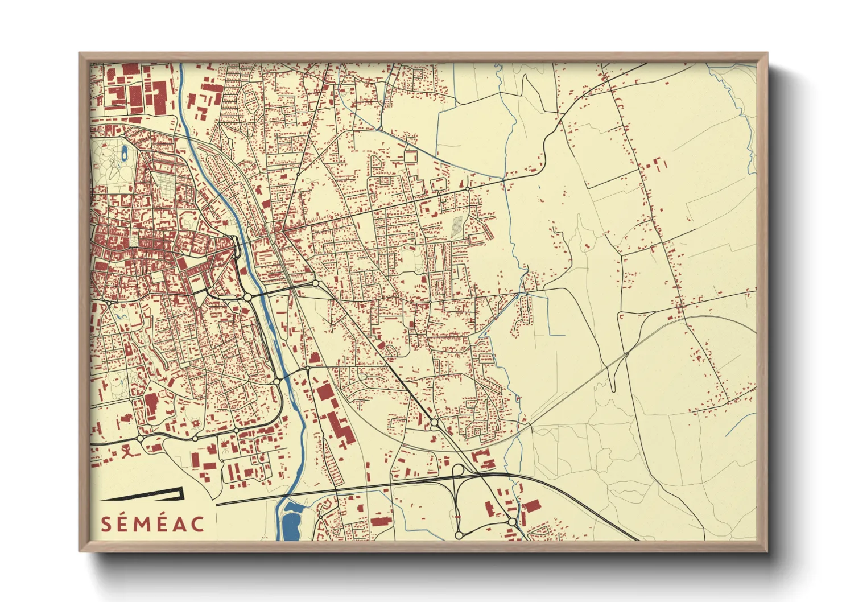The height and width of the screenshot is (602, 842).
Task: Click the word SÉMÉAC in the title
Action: click(152, 523)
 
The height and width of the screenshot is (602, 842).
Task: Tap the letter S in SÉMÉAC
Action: click(106, 523)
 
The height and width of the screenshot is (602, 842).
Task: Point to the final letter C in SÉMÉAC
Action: click(197, 523)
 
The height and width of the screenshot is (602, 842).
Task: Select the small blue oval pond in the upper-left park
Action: click(123, 152)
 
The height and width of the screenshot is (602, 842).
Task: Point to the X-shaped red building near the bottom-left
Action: click(126, 452)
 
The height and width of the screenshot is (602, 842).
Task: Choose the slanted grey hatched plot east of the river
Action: click(457, 228)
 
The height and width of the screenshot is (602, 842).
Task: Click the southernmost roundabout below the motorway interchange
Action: click(459, 535)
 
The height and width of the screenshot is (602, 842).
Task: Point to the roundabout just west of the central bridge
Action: click(247, 297)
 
